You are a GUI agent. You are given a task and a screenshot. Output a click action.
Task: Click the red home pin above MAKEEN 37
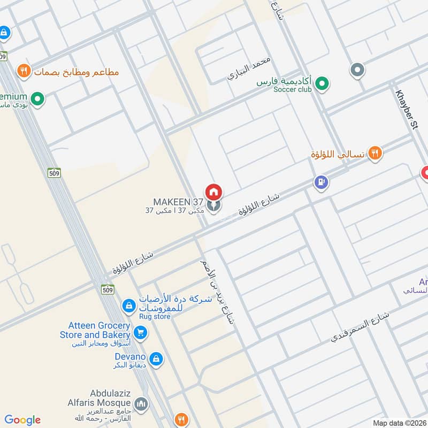213,192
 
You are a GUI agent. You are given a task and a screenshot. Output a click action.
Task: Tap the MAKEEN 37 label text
178,202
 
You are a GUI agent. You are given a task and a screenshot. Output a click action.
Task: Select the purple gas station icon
321,183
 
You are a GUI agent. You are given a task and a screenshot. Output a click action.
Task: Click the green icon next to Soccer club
322,83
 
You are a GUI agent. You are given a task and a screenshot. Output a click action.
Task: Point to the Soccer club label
292,90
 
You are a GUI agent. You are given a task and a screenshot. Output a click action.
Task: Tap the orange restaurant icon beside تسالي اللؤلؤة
376,154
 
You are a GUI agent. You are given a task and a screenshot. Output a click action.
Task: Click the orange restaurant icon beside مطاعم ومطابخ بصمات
23,70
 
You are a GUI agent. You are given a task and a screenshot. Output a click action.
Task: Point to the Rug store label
155,317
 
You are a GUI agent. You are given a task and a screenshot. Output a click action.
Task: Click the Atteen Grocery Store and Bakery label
99,330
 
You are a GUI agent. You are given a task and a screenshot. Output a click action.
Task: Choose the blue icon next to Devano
155,357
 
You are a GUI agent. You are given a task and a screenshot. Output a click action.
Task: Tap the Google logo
22,420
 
